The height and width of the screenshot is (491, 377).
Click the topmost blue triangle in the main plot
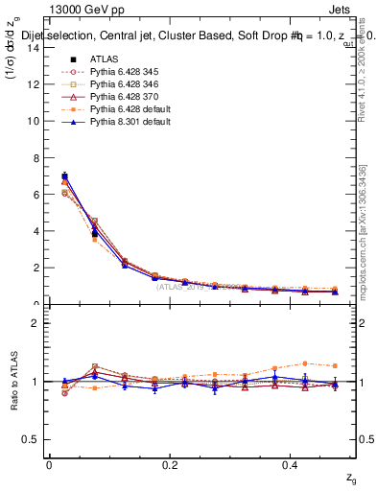64,177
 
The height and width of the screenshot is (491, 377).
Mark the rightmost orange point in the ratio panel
335,365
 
